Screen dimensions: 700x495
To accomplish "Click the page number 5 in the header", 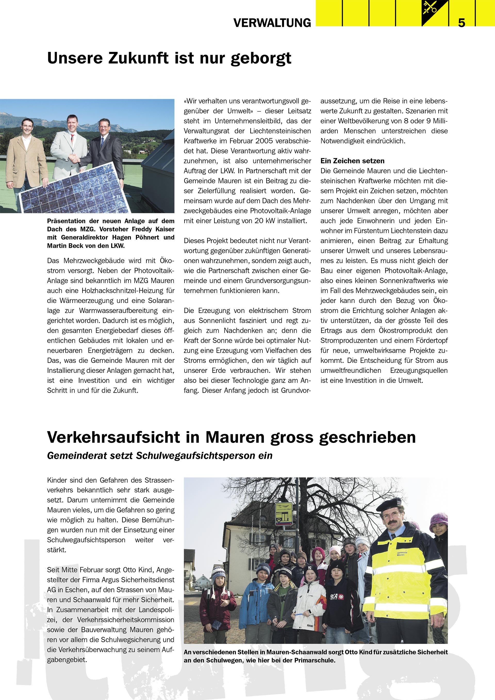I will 461,23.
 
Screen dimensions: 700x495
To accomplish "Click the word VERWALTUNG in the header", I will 272,23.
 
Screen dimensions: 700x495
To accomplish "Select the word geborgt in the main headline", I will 261,59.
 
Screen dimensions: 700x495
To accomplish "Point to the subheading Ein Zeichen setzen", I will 352,161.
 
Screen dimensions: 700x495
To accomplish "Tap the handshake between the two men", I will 74,159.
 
